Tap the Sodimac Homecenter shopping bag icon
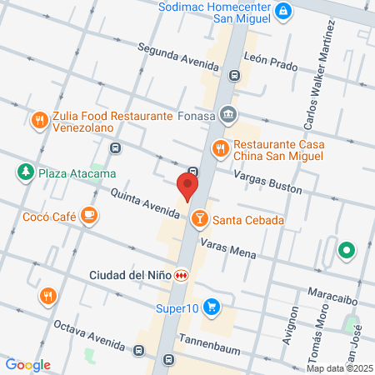pos(285,11)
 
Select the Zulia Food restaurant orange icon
pos(38,121)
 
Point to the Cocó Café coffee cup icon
pos(88,217)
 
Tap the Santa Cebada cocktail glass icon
pos(199,220)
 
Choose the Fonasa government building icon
pos(230,115)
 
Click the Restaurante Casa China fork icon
pos(220,148)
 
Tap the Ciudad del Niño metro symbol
pos(181,275)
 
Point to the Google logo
pos(27,364)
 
